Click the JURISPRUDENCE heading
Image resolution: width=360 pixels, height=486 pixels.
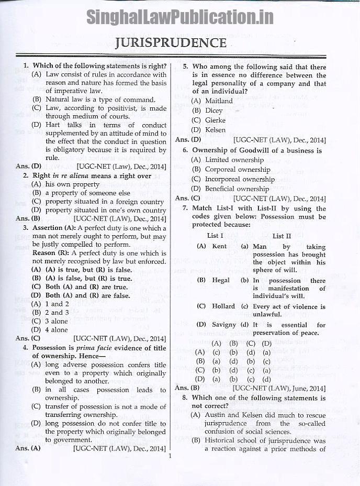[171, 42]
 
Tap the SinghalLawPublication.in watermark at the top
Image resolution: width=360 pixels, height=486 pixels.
[179, 17]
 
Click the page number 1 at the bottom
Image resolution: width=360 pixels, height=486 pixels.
[171, 456]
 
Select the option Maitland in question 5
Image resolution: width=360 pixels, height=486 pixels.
[219, 101]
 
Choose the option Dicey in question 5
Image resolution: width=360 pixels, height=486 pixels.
[213, 111]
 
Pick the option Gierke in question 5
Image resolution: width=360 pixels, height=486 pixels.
[215, 120]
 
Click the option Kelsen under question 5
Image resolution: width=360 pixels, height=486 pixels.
[215, 130]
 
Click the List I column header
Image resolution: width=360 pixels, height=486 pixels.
[215, 236]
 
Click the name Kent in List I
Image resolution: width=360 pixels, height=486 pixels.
[219, 246]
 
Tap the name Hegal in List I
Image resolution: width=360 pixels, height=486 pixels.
[220, 280]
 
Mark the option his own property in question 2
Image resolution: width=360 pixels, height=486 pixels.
[72, 184]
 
